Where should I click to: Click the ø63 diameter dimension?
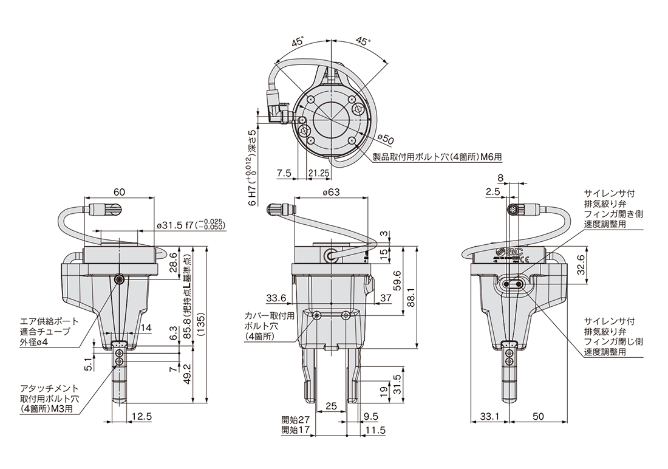(x=331, y=193)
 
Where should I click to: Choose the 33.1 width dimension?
(x=489, y=416)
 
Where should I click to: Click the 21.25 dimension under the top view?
(x=318, y=173)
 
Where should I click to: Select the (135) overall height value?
(x=201, y=325)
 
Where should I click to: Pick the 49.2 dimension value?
(x=186, y=374)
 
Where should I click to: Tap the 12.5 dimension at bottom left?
(x=142, y=416)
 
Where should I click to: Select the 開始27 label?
(x=295, y=420)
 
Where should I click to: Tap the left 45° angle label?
(x=298, y=42)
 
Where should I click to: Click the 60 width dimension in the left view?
(x=120, y=192)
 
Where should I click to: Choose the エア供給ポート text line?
(x=49, y=321)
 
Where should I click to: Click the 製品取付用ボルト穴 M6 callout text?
(x=437, y=157)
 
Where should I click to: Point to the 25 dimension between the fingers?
(x=331, y=406)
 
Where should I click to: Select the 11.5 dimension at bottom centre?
(x=375, y=430)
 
